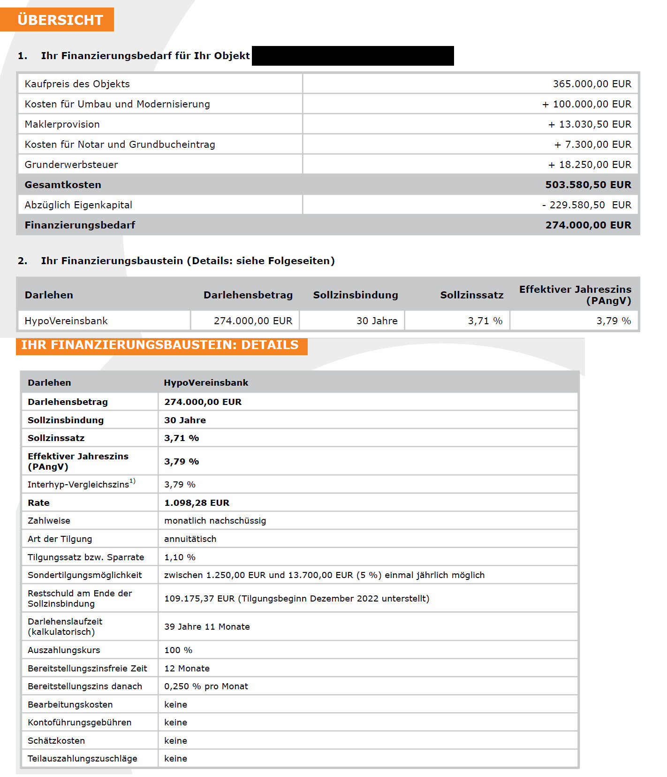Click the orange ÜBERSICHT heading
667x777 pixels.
[60, 20]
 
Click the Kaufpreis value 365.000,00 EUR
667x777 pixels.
[591, 84]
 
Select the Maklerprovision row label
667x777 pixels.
[62, 124]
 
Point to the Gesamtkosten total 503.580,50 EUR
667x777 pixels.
[588, 185]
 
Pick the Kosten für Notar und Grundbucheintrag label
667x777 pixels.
[120, 145]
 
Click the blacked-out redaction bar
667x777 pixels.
[353, 56]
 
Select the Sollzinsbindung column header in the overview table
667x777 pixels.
[356, 295]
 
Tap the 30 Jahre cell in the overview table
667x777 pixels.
[377, 321]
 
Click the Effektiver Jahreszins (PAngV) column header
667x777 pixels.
[575, 295]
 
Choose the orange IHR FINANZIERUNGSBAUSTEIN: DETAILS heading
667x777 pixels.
[160, 345]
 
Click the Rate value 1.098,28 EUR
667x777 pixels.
[197, 503]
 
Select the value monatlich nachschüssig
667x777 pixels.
[215, 521]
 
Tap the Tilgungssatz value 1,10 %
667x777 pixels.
[180, 557]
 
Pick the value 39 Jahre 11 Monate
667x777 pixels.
[207, 627]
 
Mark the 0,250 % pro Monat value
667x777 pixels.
[206, 686]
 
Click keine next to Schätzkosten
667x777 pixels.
[175, 741]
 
